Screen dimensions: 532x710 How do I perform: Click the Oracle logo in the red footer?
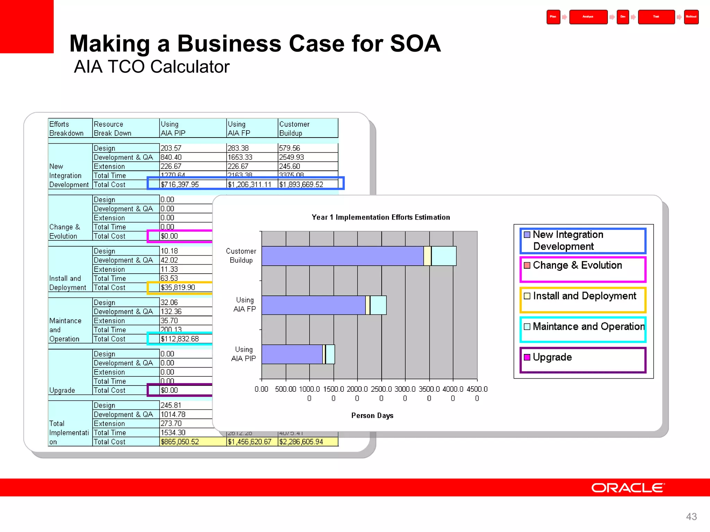(x=627, y=488)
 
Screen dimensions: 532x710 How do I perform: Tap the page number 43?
(x=691, y=516)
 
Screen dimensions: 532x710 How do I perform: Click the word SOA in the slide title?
(x=415, y=44)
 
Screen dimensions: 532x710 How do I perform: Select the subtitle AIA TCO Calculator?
(x=152, y=66)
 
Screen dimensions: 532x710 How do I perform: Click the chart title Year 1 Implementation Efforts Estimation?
(x=381, y=217)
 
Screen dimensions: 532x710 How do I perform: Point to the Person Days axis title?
(x=372, y=415)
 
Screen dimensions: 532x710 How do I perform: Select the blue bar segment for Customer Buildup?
(x=343, y=256)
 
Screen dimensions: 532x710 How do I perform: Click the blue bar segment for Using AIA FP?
(x=313, y=305)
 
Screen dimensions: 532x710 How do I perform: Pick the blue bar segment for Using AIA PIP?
(x=292, y=354)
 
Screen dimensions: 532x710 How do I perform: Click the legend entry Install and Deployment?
(x=585, y=296)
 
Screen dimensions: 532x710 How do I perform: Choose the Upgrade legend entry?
(x=552, y=357)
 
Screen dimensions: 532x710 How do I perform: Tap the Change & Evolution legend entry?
(x=577, y=265)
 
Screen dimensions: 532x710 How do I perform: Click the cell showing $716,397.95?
(x=180, y=185)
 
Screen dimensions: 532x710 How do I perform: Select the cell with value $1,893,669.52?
(x=301, y=185)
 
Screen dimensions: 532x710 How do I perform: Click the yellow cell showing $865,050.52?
(x=180, y=442)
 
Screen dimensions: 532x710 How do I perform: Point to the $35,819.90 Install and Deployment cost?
(x=178, y=287)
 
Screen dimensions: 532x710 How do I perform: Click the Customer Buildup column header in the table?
(x=295, y=128)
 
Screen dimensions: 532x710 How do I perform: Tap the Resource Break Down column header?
(x=113, y=128)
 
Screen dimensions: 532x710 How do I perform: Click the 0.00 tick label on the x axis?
(x=261, y=389)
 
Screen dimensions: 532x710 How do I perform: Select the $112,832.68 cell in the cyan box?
(x=180, y=339)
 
